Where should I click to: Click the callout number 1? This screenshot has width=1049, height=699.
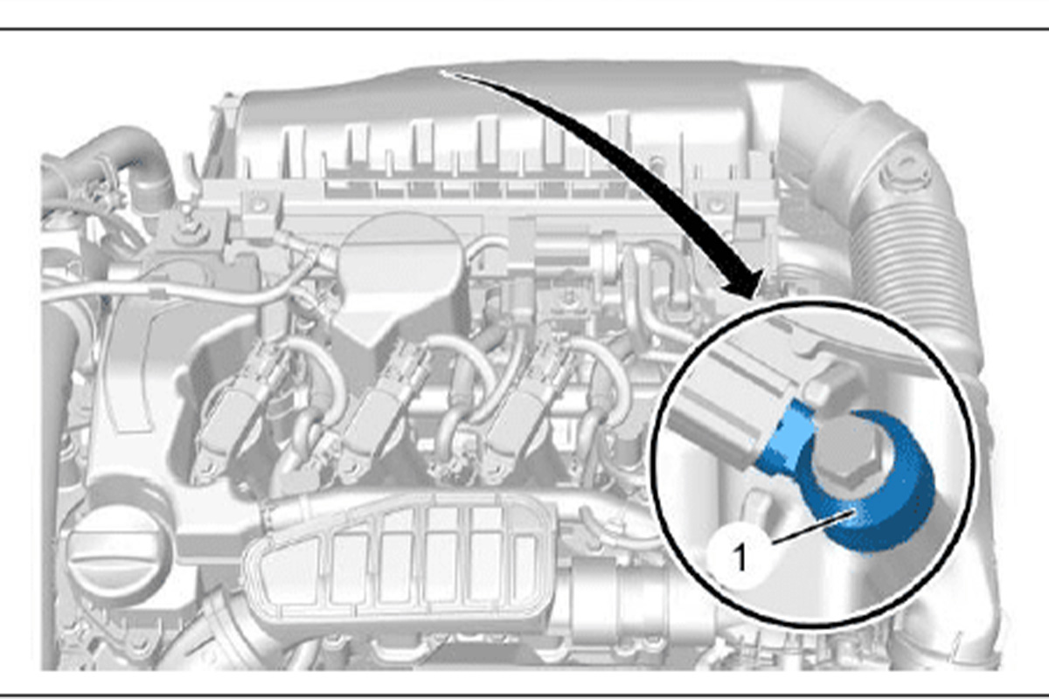[740, 557]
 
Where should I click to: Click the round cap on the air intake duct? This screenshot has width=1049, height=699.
[905, 174]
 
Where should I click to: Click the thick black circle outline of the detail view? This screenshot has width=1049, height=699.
[651, 463]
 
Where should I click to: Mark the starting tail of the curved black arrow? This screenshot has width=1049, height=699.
[442, 73]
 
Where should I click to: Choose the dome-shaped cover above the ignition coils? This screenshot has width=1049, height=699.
[398, 276]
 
